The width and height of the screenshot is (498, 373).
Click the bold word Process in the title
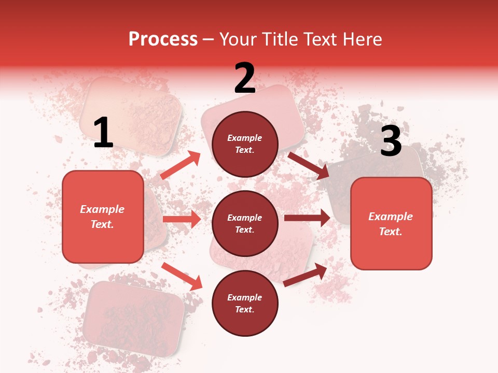pos(163,39)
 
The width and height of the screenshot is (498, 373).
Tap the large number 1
pos(103,133)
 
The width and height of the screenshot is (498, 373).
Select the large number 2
pos(245,78)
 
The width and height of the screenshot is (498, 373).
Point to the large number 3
pos(391,141)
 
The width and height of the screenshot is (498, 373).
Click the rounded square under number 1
pos(103,217)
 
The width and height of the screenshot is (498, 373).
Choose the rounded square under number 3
pos(391,223)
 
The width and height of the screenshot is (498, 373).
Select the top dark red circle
pos(245,144)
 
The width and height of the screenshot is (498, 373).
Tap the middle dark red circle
pos(245,223)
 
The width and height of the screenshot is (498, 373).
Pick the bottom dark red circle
pos(245,303)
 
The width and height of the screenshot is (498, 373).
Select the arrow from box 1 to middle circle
pos(182,219)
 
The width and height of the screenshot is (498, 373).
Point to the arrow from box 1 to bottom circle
pos(182,276)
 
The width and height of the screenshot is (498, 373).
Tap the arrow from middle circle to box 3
pos(307,218)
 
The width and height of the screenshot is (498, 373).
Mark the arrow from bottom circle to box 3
pos(306,275)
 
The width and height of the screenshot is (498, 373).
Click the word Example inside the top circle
pos(245,138)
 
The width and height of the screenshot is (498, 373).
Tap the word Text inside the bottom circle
pos(244,310)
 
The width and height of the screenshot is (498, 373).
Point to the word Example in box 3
pos(391,217)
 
